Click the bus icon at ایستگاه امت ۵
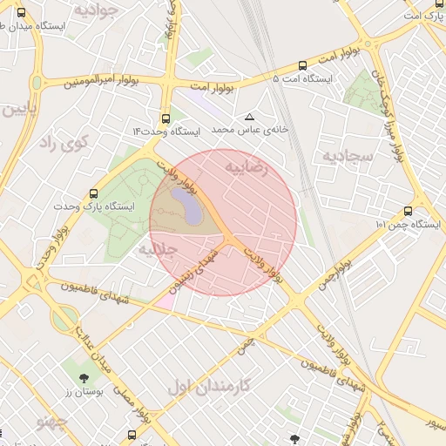302,65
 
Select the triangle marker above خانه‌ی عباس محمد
251,116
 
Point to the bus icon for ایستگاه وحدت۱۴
166,118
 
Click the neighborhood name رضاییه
243,166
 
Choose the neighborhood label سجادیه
348,157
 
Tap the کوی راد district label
63,144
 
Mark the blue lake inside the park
185,206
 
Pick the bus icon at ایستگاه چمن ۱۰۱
409,211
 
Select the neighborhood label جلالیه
158,249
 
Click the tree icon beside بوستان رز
84,378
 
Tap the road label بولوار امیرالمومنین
101,82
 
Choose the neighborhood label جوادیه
96,11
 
